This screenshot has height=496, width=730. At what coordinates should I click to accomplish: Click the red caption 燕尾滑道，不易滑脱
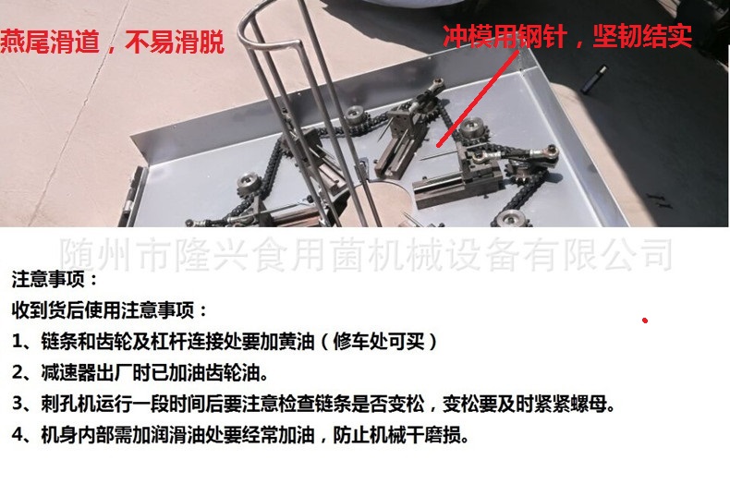pyautogui.click(x=112, y=42)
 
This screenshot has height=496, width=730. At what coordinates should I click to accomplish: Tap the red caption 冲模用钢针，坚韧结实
pyautogui.click(x=567, y=36)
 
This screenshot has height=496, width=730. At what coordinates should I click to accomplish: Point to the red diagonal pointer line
pyautogui.click(x=477, y=99)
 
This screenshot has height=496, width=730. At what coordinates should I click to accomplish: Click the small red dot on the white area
pyautogui.click(x=645, y=321)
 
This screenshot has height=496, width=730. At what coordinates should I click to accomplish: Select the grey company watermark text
pyautogui.click(x=367, y=254)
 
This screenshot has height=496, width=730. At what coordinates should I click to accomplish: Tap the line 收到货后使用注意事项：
pyautogui.click(x=110, y=310)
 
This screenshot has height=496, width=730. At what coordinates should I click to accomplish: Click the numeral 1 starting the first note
pyautogui.click(x=18, y=342)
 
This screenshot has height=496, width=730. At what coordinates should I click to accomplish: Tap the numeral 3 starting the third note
pyautogui.click(x=18, y=404)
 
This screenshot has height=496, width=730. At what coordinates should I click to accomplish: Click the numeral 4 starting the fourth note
pyautogui.click(x=18, y=435)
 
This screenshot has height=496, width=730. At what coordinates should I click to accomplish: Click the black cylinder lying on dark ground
pyautogui.click(x=594, y=79)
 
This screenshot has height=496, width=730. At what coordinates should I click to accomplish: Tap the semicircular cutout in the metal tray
pyautogui.click(x=392, y=201)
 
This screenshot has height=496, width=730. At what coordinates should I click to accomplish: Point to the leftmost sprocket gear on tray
pyautogui.click(x=249, y=185)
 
